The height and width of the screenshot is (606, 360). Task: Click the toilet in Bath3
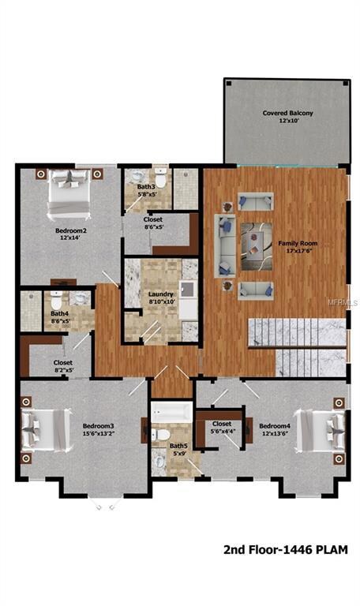160,178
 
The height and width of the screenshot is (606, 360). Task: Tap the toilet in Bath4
57,300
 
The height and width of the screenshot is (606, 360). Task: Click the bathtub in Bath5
171,413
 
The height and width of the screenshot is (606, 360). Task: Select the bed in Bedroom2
69,194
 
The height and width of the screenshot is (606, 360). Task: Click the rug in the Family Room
257,246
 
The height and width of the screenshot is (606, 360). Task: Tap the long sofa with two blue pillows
226,246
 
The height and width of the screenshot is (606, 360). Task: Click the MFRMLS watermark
343,303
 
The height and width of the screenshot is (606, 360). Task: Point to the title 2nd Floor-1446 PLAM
286,549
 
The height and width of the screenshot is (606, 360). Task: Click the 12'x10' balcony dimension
289,121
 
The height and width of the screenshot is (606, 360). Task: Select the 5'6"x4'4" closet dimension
223,432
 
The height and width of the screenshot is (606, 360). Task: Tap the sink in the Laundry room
188,289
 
